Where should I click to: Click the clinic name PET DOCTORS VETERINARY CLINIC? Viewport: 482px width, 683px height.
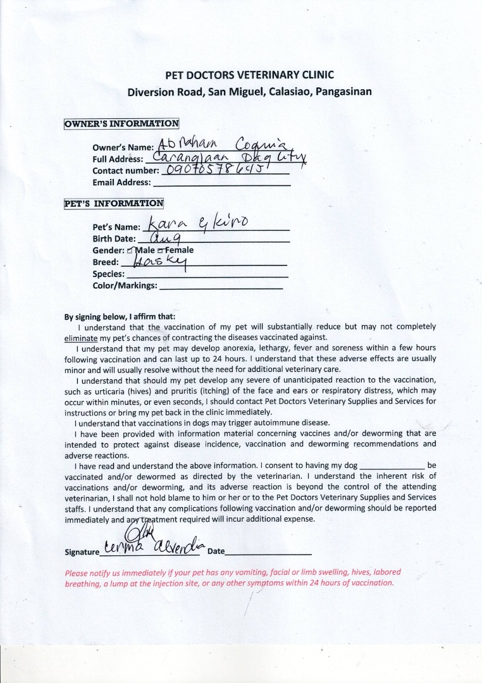click(249, 75)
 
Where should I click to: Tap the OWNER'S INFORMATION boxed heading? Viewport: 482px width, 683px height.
click(121, 124)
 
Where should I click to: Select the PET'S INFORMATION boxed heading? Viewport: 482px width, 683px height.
click(114, 204)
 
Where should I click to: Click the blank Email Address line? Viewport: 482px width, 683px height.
click(221, 184)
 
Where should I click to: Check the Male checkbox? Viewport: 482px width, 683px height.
click(131, 250)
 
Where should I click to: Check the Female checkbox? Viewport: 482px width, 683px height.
click(161, 250)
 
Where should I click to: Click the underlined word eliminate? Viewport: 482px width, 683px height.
click(80, 338)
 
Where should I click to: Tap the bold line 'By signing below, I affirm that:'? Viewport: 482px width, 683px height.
click(120, 317)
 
